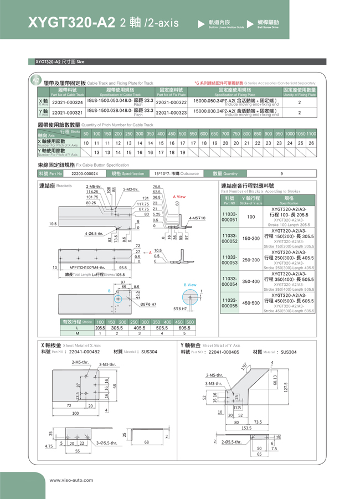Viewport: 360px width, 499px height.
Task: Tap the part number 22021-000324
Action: point(67,102)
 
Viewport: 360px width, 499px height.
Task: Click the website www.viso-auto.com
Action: point(71,480)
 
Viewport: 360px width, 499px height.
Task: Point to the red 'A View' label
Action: point(179,197)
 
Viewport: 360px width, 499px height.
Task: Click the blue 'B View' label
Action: point(190,285)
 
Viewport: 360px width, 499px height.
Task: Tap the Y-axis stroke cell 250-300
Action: point(251,259)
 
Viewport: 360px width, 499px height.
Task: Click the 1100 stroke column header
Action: point(311,133)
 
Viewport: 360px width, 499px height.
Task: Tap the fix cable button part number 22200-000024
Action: point(85,173)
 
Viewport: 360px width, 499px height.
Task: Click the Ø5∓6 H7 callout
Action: point(148,303)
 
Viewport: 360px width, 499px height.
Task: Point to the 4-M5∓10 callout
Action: point(197,218)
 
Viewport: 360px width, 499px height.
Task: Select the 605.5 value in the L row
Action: point(184,328)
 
